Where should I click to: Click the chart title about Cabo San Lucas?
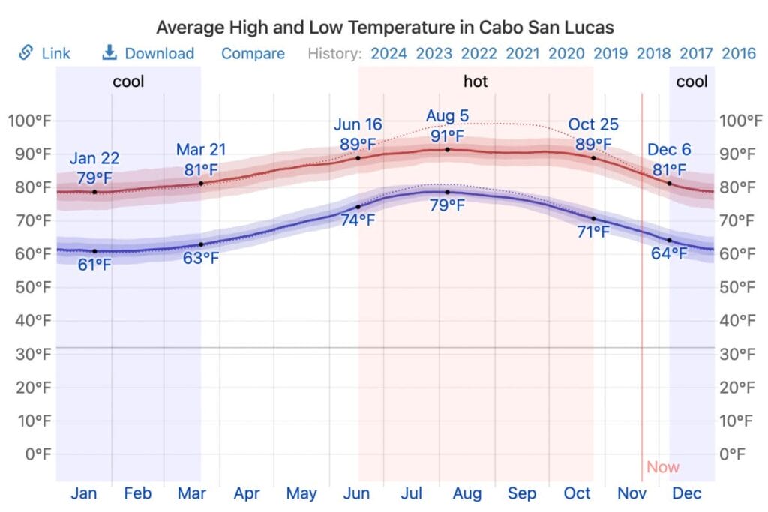point(385,28)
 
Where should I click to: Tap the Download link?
point(159,54)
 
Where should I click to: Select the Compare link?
point(253,54)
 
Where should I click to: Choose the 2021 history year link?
point(523,54)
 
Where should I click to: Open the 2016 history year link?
point(738,54)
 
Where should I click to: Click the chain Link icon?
point(26,53)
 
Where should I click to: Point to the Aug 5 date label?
point(448,116)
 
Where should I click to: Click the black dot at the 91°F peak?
point(448,150)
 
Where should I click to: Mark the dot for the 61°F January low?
point(94,251)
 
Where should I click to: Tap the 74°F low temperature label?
point(358,220)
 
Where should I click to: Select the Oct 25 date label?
point(593,124)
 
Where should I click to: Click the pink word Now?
point(663,467)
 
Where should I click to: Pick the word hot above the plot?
point(475,82)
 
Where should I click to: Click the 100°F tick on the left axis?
point(29,121)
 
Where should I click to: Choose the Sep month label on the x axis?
point(522,493)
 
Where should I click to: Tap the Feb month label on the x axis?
point(138,493)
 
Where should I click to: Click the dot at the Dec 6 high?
point(669,184)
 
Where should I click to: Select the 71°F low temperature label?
point(593,232)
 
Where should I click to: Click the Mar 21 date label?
point(201,150)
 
